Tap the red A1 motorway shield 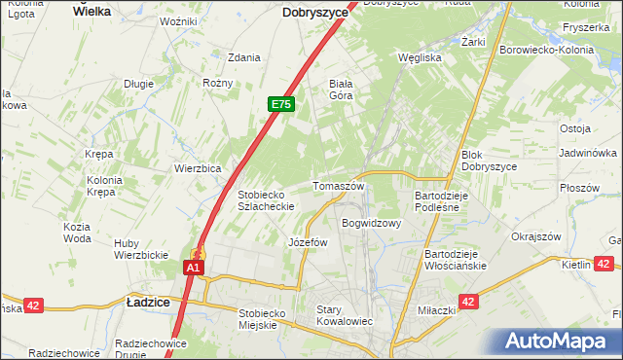(x=194, y=267)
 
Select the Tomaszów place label (x=338, y=186)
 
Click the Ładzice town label (x=148, y=303)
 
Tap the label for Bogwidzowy (x=371, y=223)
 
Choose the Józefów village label (x=308, y=242)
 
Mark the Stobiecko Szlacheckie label (x=267, y=199)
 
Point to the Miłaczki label (x=437, y=309)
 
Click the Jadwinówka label (x=588, y=154)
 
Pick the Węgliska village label (x=421, y=57)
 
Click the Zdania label (x=243, y=57)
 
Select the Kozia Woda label (x=77, y=232)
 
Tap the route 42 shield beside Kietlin (x=603, y=264)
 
